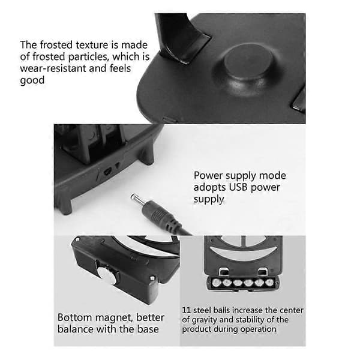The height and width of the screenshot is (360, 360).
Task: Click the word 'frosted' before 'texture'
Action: click(x=56, y=45)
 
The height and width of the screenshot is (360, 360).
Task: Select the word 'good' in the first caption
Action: click(x=32, y=80)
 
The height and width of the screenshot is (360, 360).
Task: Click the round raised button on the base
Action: click(x=248, y=61)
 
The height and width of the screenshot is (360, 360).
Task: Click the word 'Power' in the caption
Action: click(x=208, y=176)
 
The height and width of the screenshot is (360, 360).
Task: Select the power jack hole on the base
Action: click(x=107, y=172)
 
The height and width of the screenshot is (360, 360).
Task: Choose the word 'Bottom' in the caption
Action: click(x=75, y=317)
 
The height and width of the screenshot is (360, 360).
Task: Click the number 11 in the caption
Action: click(x=187, y=310)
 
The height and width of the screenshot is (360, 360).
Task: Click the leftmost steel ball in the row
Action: click(x=215, y=283)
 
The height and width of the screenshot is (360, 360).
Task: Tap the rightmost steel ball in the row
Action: click(x=270, y=283)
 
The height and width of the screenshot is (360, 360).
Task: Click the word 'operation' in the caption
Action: click(x=258, y=329)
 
